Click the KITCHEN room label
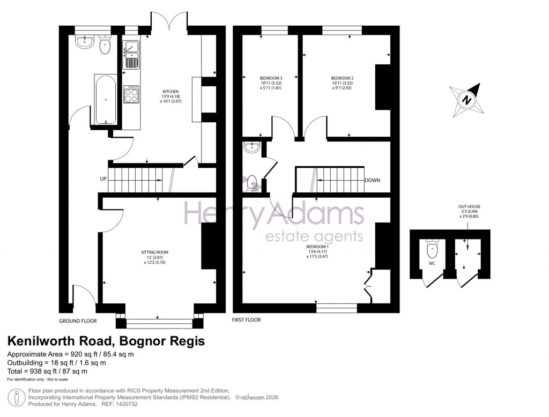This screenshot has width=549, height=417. [170, 92]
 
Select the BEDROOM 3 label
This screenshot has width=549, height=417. [271, 78]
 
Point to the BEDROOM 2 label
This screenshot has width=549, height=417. [343, 78]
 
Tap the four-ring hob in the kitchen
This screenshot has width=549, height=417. [131, 95]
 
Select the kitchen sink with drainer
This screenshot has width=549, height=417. [131, 55]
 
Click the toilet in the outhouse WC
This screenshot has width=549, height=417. [432, 250]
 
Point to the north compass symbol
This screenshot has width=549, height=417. [467, 100]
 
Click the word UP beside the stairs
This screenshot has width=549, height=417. [103, 179]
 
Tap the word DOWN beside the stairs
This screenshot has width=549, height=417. [372, 181]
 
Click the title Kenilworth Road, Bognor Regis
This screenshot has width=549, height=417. [106, 341]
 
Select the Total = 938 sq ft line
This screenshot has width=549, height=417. [47, 371]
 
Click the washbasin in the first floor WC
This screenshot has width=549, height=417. [250, 147]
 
